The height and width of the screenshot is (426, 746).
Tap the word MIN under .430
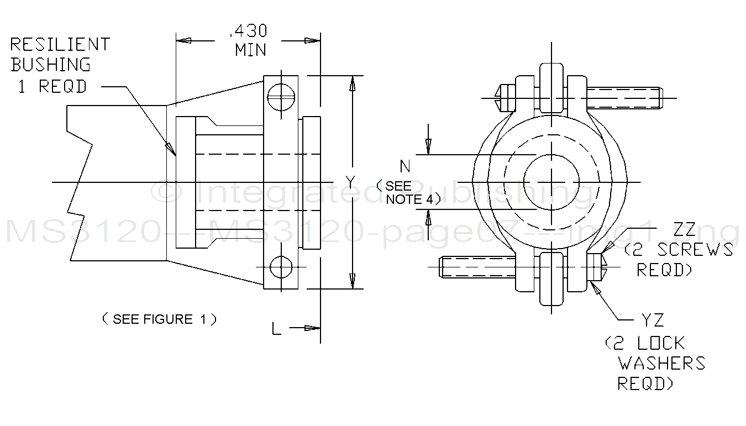(x=250, y=50)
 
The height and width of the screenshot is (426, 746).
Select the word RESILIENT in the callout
(x=60, y=44)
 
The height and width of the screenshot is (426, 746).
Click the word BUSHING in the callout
(x=50, y=65)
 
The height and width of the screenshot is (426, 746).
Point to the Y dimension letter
(x=350, y=181)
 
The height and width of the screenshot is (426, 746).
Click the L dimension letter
(x=278, y=329)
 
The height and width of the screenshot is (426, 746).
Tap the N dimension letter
(x=406, y=165)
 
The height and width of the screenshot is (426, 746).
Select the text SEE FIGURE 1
(x=159, y=319)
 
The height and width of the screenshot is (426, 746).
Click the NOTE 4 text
(x=410, y=199)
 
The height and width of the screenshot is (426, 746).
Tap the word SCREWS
(x=695, y=250)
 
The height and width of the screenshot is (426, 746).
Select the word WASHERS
(x=661, y=363)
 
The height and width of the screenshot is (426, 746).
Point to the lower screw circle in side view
(x=281, y=267)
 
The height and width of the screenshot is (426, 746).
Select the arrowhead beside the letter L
(x=313, y=328)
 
